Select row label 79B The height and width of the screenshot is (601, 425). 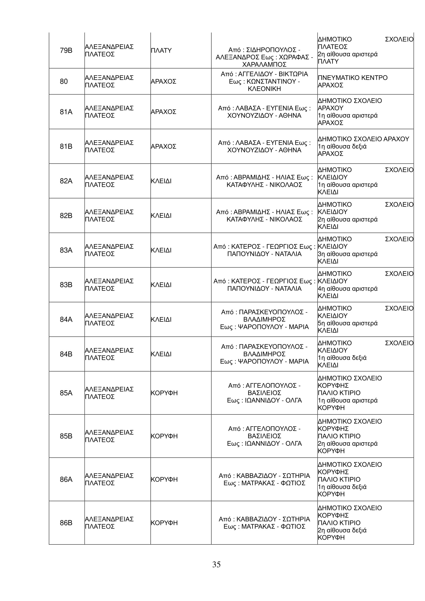(66, 50)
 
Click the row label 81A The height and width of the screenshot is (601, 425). (66, 112)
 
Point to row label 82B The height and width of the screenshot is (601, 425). (66, 215)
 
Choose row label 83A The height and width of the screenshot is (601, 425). (66, 250)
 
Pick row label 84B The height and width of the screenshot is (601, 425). (66, 354)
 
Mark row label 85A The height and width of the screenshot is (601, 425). (66, 393)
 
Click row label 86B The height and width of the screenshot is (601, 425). (66, 523)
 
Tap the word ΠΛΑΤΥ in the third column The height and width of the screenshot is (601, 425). (161, 50)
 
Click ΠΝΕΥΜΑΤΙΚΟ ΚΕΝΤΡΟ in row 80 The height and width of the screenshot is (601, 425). (352, 78)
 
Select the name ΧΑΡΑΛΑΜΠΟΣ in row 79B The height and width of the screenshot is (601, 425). (264, 64)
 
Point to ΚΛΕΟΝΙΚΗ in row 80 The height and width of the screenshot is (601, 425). (264, 89)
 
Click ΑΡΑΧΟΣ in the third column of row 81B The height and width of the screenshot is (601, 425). (164, 146)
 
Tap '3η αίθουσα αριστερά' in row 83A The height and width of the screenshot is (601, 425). (348, 254)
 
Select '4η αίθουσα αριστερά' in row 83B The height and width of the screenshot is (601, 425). (348, 289)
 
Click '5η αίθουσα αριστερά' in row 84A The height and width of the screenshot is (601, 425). (348, 323)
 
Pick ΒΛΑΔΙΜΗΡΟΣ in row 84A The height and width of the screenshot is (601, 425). (264, 319)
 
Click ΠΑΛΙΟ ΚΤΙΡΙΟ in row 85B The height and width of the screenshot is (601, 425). (339, 436)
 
